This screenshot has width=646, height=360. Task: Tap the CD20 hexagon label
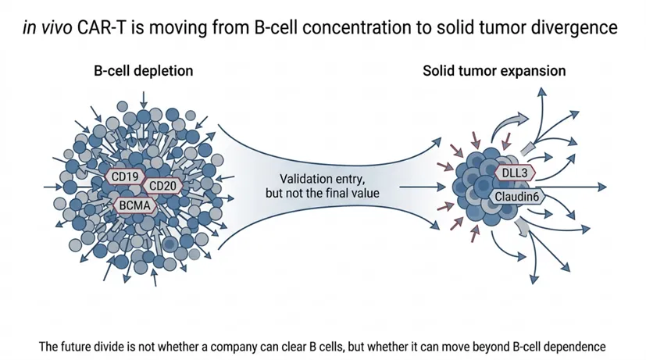pyautogui.click(x=162, y=186)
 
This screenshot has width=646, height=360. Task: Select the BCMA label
pyautogui.click(x=135, y=205)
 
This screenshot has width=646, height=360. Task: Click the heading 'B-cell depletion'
pyautogui.click(x=143, y=71)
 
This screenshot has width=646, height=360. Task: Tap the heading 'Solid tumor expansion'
pyautogui.click(x=494, y=71)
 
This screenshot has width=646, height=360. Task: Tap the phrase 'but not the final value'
pyautogui.click(x=323, y=192)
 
